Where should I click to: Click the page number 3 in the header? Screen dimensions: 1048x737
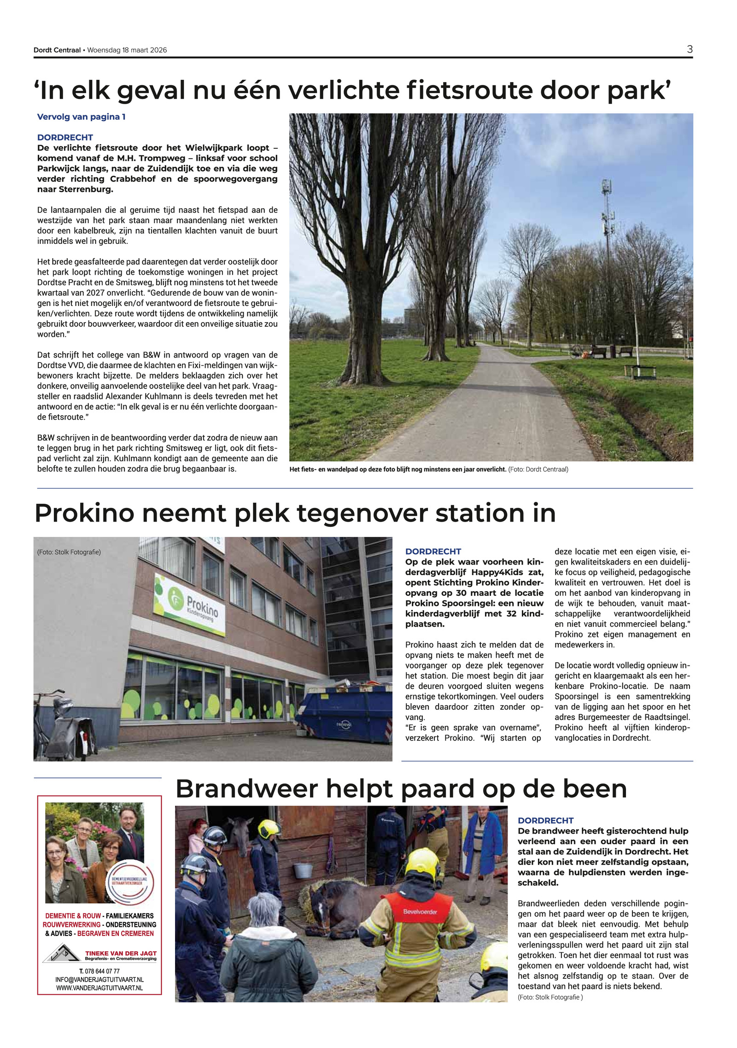click(x=690, y=49)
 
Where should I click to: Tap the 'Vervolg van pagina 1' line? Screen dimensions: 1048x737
click(x=81, y=117)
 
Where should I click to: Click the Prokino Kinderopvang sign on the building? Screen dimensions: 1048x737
click(x=191, y=603)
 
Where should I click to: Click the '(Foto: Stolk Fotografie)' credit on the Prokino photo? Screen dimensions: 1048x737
click(x=69, y=552)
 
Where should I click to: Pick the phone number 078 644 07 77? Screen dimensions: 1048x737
click(x=99, y=971)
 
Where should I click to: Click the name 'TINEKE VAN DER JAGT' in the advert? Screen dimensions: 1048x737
click(x=121, y=953)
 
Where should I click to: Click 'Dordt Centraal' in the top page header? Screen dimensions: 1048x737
click(x=57, y=50)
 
